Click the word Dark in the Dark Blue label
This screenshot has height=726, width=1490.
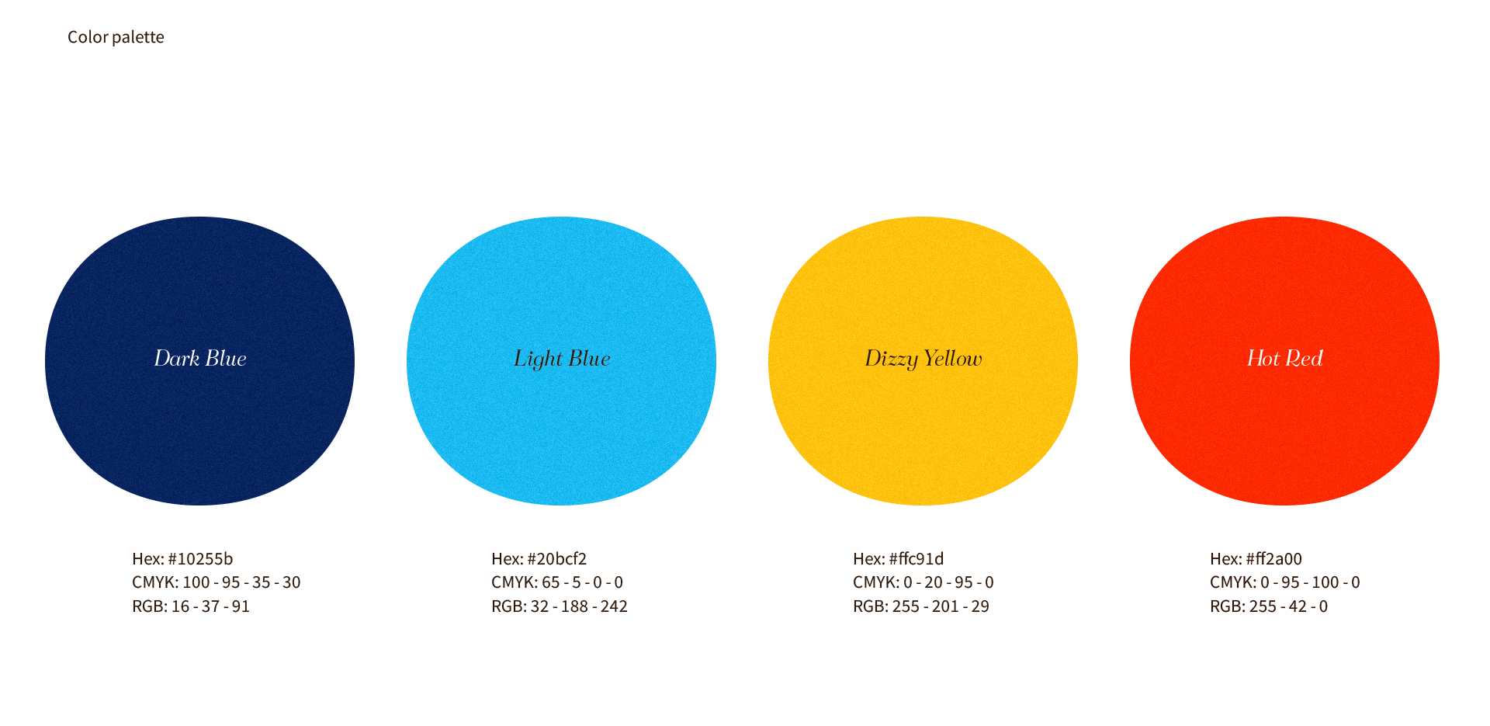coord(176,358)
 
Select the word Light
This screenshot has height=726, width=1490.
coord(538,359)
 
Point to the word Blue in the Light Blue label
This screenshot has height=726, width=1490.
coord(589,358)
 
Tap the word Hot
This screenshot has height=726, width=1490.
coord(1262,358)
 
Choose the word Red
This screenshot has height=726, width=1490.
coord(1305,358)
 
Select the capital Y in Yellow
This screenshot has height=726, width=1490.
coord(930,358)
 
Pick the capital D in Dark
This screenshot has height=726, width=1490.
coord(162,358)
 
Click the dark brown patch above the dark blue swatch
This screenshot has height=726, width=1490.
coord(155,78)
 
